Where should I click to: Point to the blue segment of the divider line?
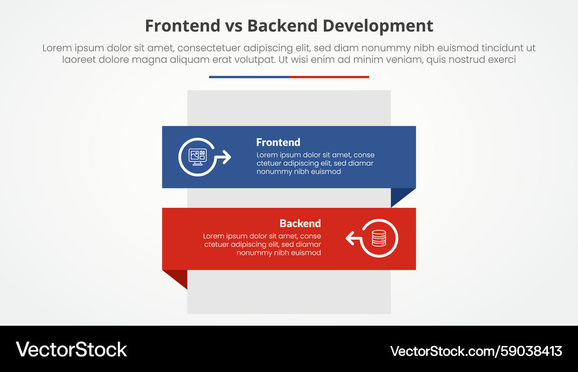pos(249,77)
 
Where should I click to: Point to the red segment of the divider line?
pos(329,77)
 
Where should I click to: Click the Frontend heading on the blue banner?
pos(278,142)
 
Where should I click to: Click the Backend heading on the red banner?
pos(300,223)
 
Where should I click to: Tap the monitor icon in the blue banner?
pos(198,156)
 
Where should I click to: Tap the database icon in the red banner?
pos(379,238)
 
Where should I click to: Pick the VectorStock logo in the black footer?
pos(72,349)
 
